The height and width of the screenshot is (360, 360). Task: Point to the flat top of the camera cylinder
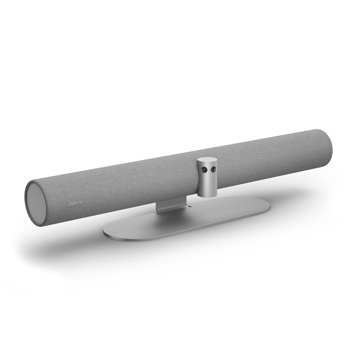(x=208, y=159)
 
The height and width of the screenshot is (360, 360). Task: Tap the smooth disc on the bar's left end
(x=37, y=203)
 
